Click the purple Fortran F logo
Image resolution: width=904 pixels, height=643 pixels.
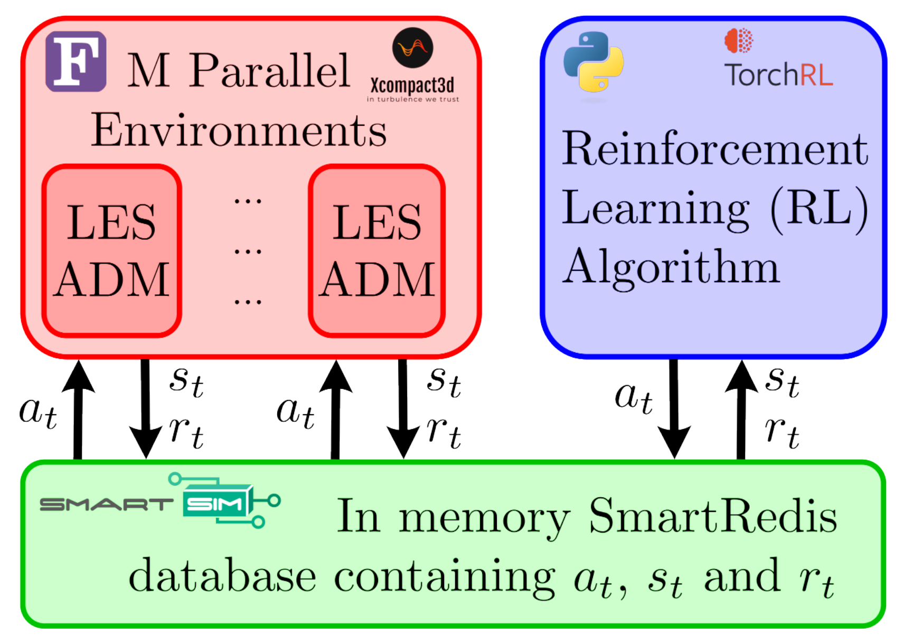[x=76, y=61]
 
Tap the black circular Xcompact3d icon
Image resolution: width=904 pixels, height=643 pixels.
[x=412, y=48]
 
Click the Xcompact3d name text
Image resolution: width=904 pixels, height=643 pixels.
[x=412, y=85]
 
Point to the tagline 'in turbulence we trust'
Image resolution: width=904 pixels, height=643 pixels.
[x=412, y=99]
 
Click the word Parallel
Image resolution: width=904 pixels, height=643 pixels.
[x=269, y=71]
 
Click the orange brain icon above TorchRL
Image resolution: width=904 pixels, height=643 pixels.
[x=739, y=40]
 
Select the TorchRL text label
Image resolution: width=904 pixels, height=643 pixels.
[x=778, y=74]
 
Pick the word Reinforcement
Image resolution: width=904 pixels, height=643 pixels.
[x=714, y=149]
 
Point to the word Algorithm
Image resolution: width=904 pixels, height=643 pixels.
[x=671, y=267]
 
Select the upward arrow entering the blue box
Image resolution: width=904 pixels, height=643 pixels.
[x=741, y=409]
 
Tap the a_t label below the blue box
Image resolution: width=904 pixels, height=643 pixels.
[x=634, y=397]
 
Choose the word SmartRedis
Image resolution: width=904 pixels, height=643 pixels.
[x=712, y=516]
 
